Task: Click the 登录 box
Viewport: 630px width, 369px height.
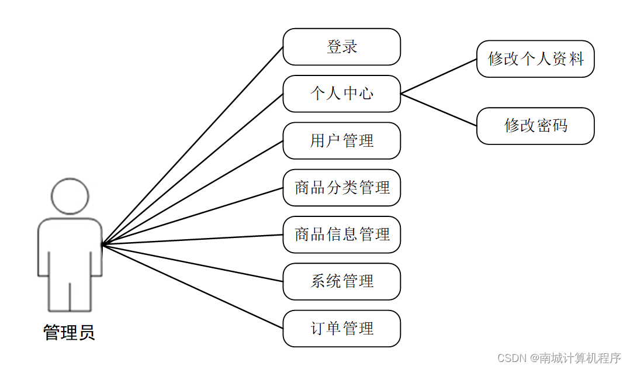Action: (x=341, y=47)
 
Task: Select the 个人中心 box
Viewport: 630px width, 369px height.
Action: (x=341, y=94)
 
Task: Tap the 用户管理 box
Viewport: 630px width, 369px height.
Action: (x=341, y=140)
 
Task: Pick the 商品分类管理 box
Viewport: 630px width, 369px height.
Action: (x=341, y=188)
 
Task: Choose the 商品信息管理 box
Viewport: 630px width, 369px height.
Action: (x=341, y=234)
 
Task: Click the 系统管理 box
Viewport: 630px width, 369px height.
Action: (x=341, y=281)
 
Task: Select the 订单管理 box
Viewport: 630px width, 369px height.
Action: (x=341, y=328)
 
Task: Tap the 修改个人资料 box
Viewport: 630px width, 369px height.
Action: (x=535, y=59)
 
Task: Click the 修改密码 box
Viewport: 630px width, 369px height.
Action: (x=535, y=126)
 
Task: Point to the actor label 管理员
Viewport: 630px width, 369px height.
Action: (x=69, y=333)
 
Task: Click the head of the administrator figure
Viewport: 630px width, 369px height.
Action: (x=70, y=196)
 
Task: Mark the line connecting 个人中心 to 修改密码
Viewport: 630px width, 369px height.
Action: (x=438, y=109)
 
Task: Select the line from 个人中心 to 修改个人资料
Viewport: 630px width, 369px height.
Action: (x=438, y=77)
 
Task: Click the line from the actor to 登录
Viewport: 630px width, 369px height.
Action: (x=193, y=146)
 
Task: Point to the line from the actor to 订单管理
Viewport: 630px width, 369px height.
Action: (x=193, y=287)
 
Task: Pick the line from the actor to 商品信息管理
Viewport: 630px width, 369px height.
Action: (x=193, y=240)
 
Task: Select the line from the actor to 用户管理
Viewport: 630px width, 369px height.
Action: (x=193, y=192)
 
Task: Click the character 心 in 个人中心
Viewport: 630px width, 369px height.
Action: (x=366, y=94)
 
